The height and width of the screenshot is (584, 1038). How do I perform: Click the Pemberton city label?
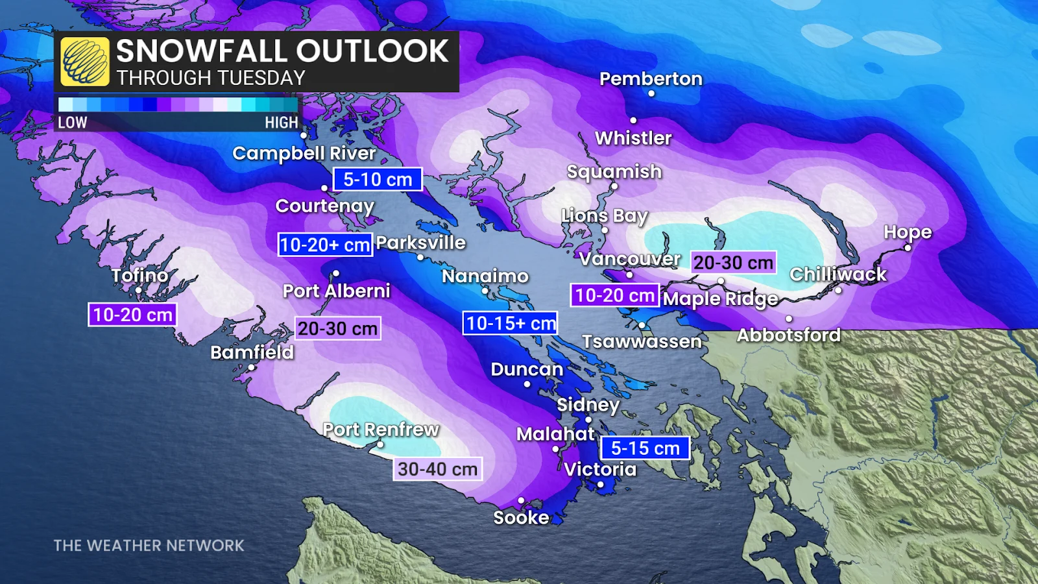pos(651,79)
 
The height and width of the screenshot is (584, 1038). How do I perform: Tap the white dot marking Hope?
pos(908,248)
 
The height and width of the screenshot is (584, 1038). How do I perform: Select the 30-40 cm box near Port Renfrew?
pos(437,469)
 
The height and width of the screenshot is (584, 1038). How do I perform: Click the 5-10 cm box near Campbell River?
pos(378,180)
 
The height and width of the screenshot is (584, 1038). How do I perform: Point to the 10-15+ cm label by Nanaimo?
pos(511,323)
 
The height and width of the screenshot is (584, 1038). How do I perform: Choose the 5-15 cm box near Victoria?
pos(645,448)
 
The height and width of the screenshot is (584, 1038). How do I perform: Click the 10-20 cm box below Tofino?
pos(132,315)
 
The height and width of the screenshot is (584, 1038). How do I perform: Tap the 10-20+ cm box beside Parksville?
pos(325,245)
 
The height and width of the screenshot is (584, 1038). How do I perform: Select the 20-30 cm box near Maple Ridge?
pos(733,263)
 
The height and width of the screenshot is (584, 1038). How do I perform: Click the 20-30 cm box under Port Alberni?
pos(337,329)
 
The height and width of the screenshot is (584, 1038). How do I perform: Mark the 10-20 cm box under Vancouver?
pos(614,296)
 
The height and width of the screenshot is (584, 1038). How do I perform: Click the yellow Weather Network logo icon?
pos(85,62)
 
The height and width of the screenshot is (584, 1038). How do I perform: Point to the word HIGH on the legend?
pos(281,123)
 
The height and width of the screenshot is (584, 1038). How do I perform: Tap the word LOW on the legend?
pos(72,123)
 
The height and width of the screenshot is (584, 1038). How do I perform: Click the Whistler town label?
pos(633,138)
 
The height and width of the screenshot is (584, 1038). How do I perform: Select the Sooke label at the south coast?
pos(521,518)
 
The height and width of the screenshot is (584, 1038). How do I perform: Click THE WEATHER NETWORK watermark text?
pos(149,546)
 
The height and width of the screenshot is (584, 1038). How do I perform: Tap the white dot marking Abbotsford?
pos(789,319)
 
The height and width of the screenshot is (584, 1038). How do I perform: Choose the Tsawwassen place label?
pos(642,341)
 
